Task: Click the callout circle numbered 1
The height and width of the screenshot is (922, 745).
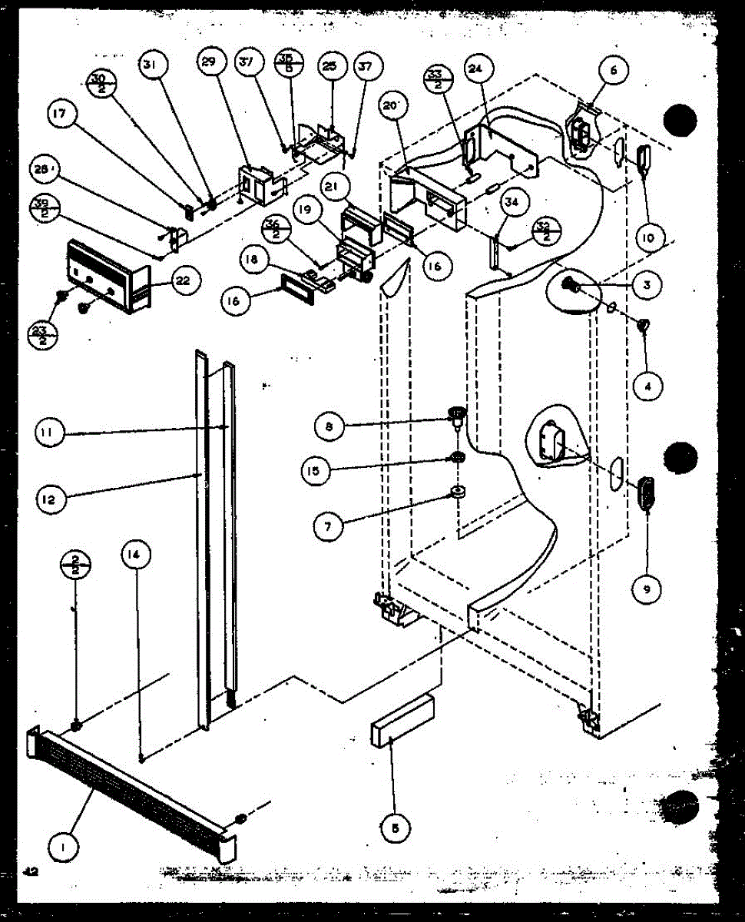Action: (58, 848)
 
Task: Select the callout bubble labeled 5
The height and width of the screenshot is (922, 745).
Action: (395, 828)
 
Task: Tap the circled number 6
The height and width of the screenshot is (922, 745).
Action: (612, 71)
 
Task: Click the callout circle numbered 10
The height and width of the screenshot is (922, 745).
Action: (647, 237)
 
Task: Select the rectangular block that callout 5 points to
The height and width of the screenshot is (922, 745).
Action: (402, 721)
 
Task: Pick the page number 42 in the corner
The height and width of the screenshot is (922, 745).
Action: (31, 871)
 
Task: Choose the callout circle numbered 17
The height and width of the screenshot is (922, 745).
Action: (61, 115)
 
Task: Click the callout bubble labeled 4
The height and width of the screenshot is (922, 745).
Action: (647, 386)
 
